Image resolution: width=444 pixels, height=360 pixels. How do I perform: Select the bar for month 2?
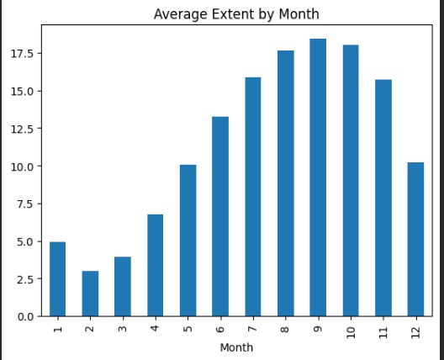[x=90, y=294]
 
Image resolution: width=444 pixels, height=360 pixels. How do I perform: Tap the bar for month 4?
[x=155, y=265]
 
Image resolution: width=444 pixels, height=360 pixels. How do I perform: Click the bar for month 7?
[x=252, y=197]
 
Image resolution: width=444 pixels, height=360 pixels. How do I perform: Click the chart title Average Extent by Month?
[x=236, y=14]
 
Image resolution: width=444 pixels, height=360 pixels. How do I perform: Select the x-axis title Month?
[x=236, y=347]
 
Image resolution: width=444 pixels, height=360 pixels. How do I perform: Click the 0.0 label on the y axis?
[x=24, y=316]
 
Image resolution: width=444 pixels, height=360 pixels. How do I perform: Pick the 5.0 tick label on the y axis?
[x=24, y=241]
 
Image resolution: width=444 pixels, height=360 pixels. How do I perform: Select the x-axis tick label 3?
[x=123, y=328]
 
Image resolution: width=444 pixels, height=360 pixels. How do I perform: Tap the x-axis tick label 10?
[x=350, y=331]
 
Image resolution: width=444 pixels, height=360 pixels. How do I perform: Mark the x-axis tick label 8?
[x=285, y=328]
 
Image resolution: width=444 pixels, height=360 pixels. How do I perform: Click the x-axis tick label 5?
[x=188, y=328]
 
